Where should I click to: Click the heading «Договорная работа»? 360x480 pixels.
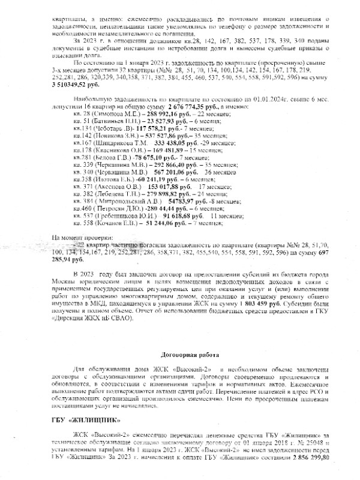179,355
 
